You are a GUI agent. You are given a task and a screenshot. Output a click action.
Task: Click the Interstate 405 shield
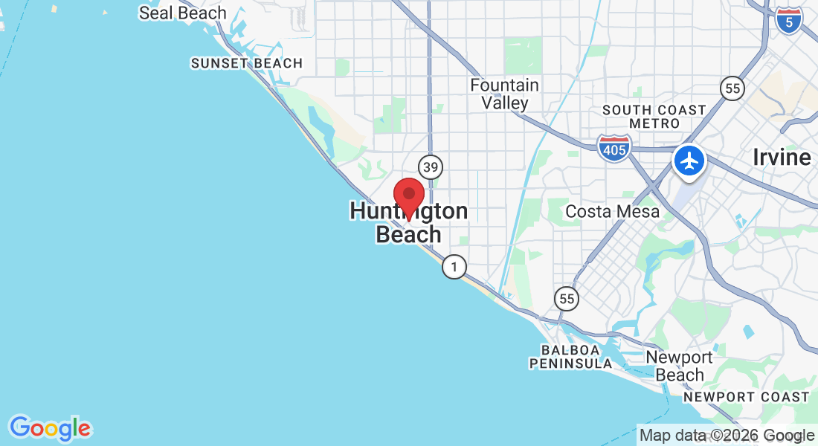pyautogui.click(x=614, y=147)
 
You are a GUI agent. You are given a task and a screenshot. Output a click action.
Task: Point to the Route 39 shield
pyautogui.click(x=430, y=166)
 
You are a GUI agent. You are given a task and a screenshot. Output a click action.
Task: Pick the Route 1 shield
pyautogui.click(x=454, y=267)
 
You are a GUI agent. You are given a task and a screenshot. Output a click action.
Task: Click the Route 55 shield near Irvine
pyautogui.click(x=732, y=88)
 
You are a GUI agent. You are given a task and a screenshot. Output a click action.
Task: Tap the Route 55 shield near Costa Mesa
pyautogui.click(x=567, y=299)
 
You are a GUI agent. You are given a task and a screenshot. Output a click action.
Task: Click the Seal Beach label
pyautogui.click(x=183, y=13)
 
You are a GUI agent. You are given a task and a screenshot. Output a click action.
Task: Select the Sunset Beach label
pyautogui.click(x=247, y=64)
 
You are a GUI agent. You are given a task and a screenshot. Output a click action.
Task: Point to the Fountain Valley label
pyautogui.click(x=504, y=94)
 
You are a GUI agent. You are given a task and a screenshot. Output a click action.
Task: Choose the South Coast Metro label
pyautogui.click(x=654, y=117)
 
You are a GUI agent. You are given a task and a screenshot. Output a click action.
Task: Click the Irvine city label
pyautogui.click(x=782, y=158)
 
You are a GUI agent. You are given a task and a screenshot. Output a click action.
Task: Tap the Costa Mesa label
pyautogui.click(x=612, y=212)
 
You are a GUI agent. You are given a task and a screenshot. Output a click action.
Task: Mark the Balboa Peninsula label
pyautogui.click(x=570, y=357)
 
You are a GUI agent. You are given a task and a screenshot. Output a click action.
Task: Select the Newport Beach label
pyautogui.click(x=679, y=366)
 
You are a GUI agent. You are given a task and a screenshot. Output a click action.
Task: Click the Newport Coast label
pyautogui.click(x=746, y=398)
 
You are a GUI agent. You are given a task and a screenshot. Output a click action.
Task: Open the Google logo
pyautogui.click(x=50, y=428)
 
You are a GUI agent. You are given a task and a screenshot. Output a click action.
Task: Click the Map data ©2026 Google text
pyautogui.click(x=727, y=436)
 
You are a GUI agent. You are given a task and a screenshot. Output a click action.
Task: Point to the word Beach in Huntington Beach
pyautogui.click(x=408, y=235)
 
